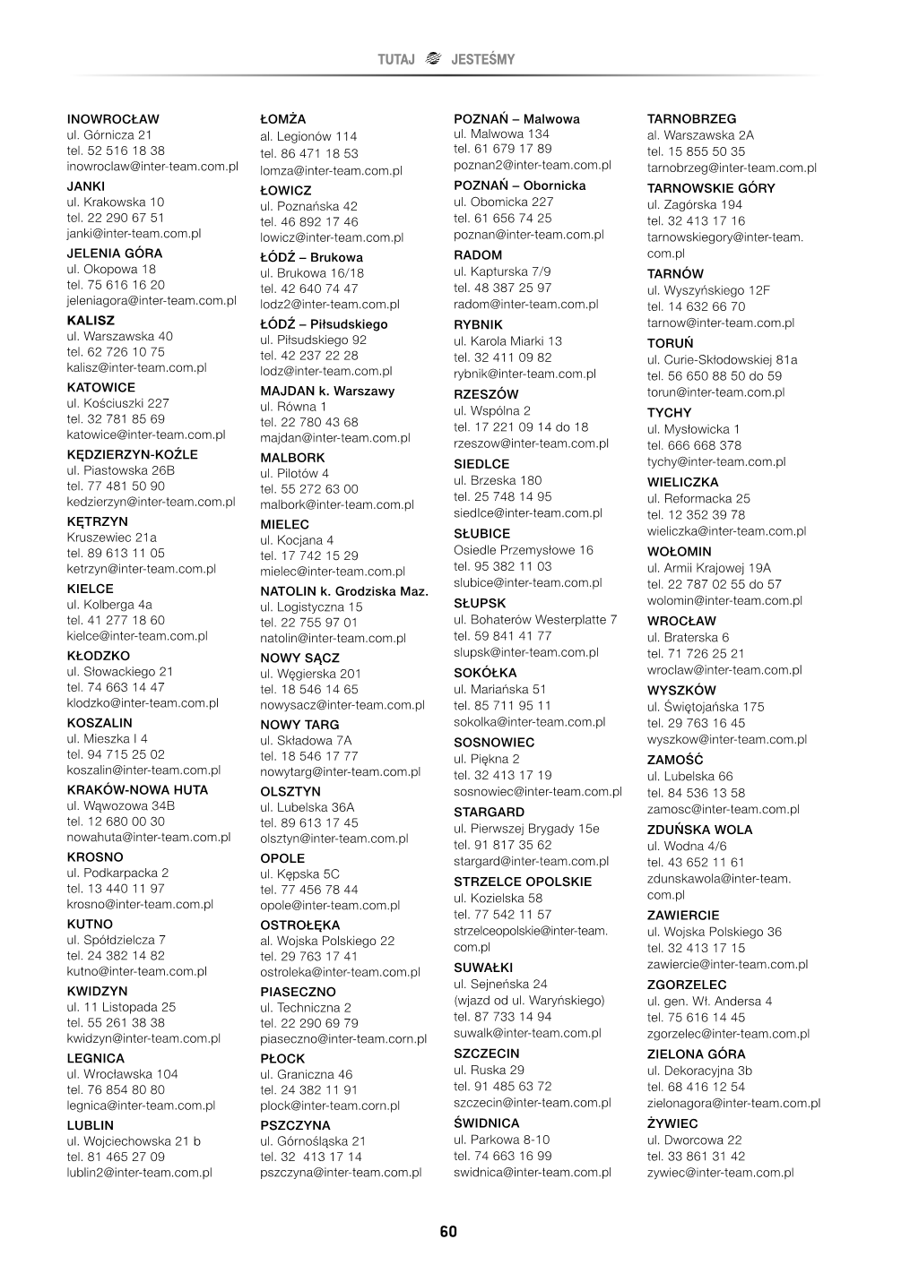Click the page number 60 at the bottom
click(x=448, y=1233)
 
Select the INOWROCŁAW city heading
click(x=113, y=118)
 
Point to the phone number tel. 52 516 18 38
click(x=116, y=151)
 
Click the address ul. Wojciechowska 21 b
click(x=134, y=1140)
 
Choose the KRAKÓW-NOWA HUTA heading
click(x=137, y=789)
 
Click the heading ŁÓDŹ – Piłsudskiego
click(x=324, y=324)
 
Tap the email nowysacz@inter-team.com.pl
click(x=342, y=705)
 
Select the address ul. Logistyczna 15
click(x=311, y=607)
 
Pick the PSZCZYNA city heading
click(x=295, y=1125)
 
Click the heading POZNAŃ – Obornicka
click(x=519, y=185)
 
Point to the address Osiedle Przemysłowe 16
click(x=524, y=550)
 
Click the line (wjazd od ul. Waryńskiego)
click(x=529, y=1000)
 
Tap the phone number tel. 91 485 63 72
click(x=502, y=1086)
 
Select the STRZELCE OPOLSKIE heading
click(x=523, y=882)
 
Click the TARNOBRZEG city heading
click(x=691, y=118)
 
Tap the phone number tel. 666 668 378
click(x=694, y=445)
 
